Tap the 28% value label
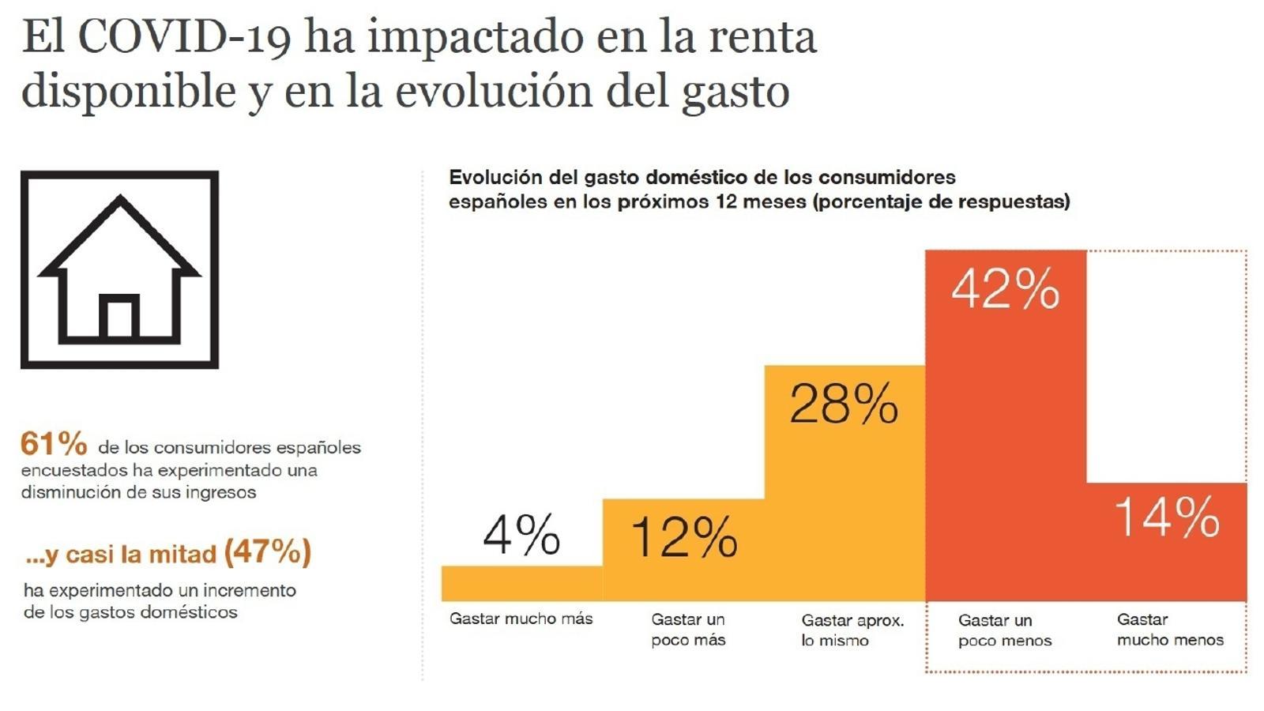pyautogui.click(x=844, y=404)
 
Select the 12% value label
pyautogui.click(x=684, y=537)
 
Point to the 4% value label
pyautogui.click(x=521, y=535)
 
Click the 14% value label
pyautogui.click(x=1167, y=518)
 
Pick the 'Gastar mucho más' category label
pyautogui.click(x=521, y=619)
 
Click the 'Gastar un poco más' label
pyautogui.click(x=688, y=630)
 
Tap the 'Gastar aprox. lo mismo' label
pyautogui.click(x=852, y=630)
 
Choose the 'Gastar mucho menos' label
pyautogui.click(x=1170, y=630)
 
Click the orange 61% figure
pyautogui.click(x=54, y=444)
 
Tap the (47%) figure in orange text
pyautogui.click(x=268, y=551)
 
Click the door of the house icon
pyautogui.click(x=119, y=317)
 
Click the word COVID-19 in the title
pyautogui.click(x=184, y=37)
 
